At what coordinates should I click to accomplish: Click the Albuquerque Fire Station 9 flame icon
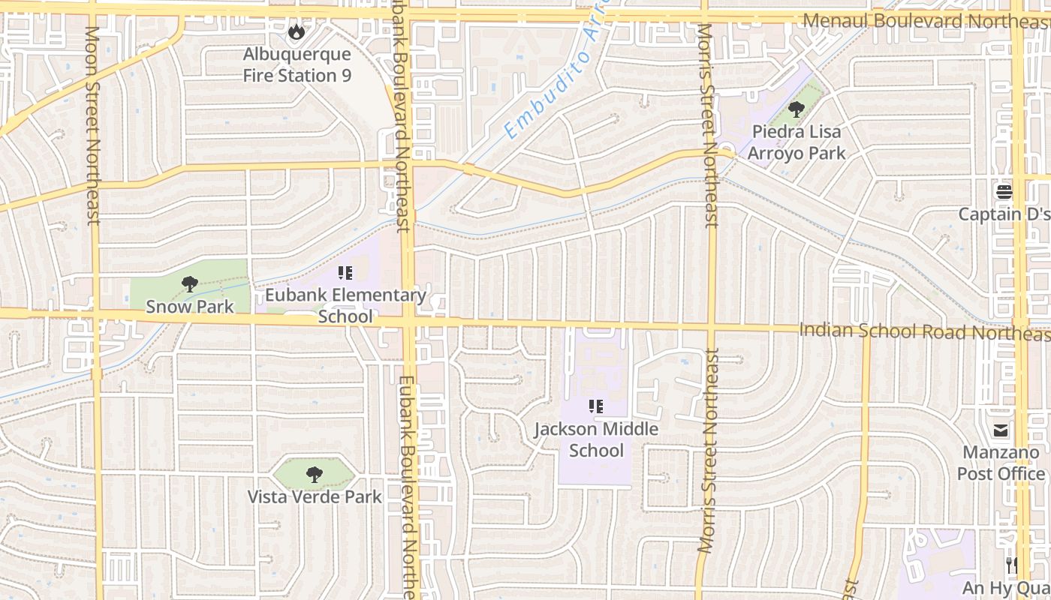297,32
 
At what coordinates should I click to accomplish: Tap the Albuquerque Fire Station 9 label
297,65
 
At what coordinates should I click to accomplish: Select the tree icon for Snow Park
189,284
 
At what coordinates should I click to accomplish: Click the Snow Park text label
189,306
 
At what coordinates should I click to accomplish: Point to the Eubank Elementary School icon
345,273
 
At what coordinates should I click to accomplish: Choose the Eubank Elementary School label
345,305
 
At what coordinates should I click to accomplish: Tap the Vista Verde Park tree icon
315,474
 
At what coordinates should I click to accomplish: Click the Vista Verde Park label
315,496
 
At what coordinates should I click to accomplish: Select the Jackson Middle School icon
596,407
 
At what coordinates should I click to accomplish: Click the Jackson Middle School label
596,439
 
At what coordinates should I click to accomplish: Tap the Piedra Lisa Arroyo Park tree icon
797,110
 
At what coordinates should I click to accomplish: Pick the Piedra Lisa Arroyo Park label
797,142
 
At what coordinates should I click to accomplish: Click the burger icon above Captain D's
1004,193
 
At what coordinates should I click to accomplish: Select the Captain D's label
1004,214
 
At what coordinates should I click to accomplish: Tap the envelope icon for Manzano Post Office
1001,430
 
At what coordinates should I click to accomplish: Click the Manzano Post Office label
1001,463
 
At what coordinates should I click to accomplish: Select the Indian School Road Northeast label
923,331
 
